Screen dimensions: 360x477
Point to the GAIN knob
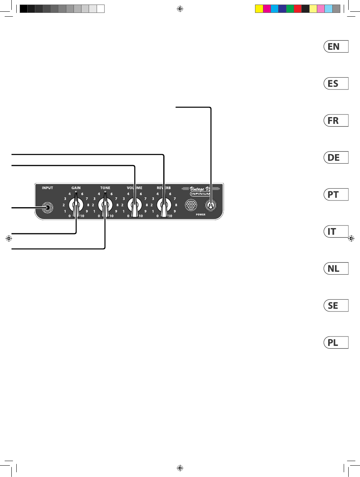coord(76,206)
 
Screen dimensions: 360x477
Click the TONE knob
coord(105,206)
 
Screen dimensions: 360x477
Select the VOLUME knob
coord(134,206)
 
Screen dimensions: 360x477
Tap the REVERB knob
coord(164,206)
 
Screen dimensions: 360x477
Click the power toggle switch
coord(210,206)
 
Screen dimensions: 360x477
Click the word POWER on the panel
coord(200,214)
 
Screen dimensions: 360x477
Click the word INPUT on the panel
coord(48,188)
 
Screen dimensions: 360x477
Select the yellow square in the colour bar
coord(259,9)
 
